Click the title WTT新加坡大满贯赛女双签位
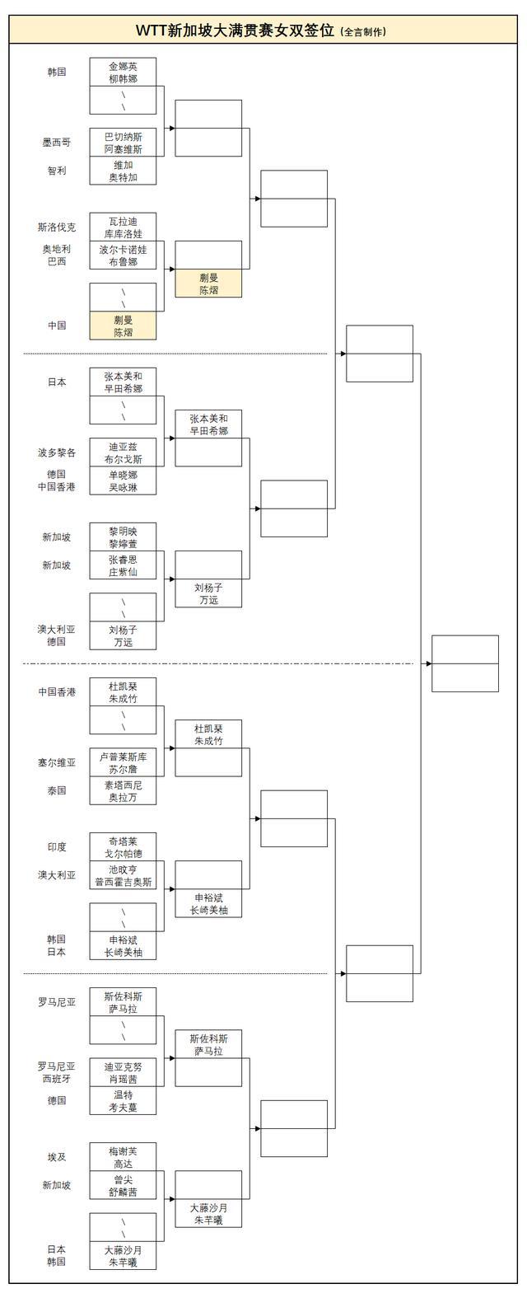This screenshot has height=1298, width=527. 236,30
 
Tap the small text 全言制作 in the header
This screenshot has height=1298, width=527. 362,32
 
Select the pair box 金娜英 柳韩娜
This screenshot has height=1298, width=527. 123,72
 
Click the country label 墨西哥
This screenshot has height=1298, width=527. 57,143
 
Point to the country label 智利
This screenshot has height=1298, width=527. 57,171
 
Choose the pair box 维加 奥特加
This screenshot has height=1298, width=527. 123,171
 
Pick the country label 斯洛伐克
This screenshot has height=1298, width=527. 57,227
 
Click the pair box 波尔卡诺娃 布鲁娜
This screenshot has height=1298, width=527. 123,255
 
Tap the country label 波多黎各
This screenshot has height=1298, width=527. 57,452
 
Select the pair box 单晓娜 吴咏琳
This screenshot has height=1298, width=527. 123,481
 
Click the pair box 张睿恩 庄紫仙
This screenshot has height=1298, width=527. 123,565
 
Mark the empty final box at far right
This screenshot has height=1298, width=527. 465,663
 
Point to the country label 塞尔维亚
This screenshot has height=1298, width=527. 57,763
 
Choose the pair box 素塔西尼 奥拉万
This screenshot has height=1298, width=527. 123,791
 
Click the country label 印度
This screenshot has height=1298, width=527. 57,847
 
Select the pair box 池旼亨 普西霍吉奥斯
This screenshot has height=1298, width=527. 123,875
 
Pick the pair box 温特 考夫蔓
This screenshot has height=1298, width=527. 123,1101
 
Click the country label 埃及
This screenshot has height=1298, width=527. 57,1157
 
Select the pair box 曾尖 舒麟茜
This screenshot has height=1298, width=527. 123,1185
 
